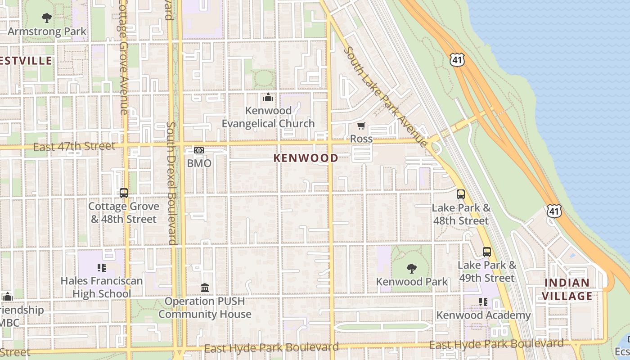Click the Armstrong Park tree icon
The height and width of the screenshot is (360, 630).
point(46,18)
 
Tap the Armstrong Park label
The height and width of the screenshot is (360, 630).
point(47,31)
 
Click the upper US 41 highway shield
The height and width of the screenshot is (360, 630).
point(456,59)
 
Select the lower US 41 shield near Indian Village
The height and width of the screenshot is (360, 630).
point(554,211)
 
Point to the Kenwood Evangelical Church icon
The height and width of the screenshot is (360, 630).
point(268,97)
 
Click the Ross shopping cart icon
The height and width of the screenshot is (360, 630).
point(361,126)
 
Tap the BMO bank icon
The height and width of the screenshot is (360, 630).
point(199,150)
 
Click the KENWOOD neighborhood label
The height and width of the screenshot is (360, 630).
point(306,158)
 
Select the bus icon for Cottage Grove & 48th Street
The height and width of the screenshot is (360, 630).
point(124,193)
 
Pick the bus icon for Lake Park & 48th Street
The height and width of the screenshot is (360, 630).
point(461,194)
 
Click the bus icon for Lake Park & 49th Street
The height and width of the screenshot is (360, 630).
point(487,252)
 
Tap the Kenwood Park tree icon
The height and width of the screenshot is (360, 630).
point(411,269)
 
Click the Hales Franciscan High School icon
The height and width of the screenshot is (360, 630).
point(102,268)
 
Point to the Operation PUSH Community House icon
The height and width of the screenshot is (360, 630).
point(205,288)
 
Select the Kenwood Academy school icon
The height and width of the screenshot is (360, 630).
point(483,302)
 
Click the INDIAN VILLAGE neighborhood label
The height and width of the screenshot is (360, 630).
point(567,289)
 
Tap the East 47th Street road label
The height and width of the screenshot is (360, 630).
point(74,146)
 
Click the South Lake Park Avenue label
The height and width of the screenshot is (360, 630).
point(386,97)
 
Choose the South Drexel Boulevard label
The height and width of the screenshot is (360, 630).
point(171,183)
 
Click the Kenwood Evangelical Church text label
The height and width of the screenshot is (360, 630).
point(268,117)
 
